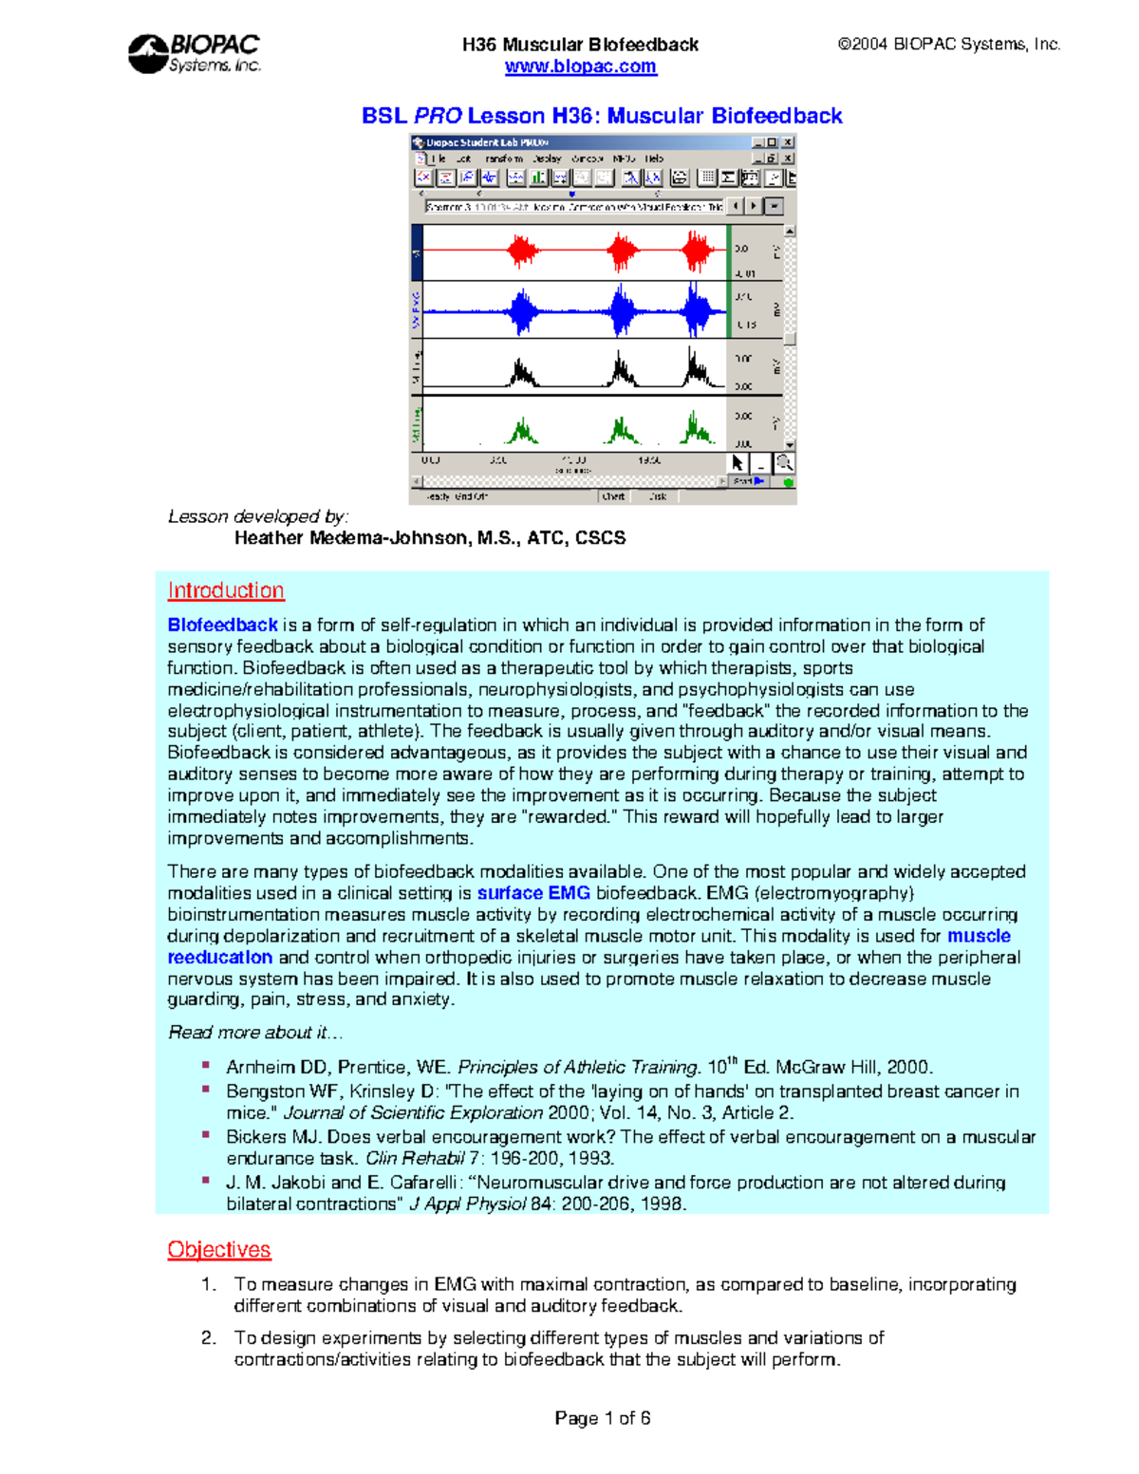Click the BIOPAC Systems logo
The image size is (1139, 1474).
194,53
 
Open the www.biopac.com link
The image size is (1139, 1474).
580,66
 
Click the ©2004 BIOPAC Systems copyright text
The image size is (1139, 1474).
948,44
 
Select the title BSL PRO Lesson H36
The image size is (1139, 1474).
602,116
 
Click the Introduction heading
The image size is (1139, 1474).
226,590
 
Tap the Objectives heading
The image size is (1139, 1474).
219,1250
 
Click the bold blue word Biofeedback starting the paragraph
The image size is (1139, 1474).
222,625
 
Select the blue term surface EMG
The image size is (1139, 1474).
533,893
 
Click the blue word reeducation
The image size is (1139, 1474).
220,958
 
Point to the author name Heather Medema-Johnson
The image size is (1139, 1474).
430,538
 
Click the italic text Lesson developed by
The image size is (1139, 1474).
258,516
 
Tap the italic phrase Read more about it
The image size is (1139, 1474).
255,1033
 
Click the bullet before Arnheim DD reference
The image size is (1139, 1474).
206,1066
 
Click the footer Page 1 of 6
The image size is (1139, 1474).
603,1418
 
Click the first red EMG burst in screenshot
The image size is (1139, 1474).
522,252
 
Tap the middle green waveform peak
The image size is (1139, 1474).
622,432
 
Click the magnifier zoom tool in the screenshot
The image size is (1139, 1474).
784,463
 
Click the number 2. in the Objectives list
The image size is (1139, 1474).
209,1338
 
